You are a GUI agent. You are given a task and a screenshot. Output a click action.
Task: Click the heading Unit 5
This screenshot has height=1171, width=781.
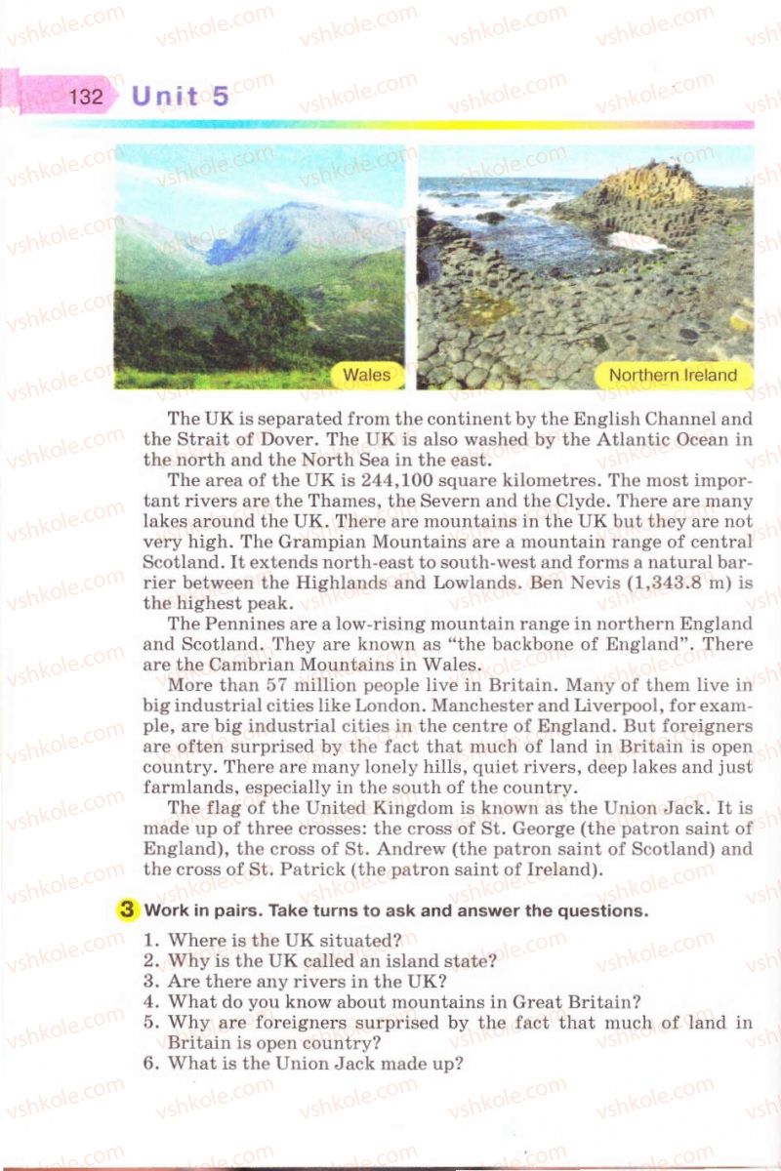tap(181, 96)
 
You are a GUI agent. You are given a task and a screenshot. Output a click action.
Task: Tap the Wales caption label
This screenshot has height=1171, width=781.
tap(367, 375)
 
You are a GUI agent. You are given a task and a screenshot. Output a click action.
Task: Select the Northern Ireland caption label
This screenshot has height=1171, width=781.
tap(673, 375)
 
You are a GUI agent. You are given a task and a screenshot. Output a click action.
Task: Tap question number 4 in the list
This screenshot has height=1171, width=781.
tap(150, 1001)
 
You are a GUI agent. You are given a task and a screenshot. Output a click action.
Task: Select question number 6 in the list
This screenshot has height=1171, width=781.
tap(150, 1064)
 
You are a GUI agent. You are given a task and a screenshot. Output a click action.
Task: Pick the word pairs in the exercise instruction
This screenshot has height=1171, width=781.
tap(223, 911)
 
